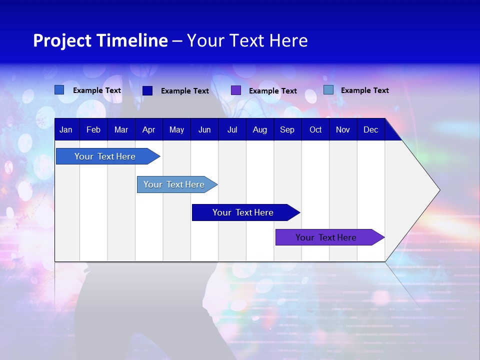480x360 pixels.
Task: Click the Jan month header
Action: point(66,130)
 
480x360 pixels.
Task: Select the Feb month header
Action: point(93,130)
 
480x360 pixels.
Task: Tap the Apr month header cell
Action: point(148,130)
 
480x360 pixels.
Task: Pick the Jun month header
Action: point(204,130)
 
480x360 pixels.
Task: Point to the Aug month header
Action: point(260,130)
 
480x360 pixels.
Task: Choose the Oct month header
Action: point(315,130)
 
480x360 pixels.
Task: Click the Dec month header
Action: point(371,130)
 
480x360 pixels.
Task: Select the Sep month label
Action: point(287,130)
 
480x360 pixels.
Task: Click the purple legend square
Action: point(236,90)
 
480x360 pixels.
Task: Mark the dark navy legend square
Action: point(147,90)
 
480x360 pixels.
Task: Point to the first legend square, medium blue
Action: point(59,90)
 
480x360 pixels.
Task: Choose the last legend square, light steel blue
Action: point(328,90)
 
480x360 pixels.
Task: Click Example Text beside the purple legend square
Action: point(272,91)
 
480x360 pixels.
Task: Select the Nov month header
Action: point(343,130)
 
